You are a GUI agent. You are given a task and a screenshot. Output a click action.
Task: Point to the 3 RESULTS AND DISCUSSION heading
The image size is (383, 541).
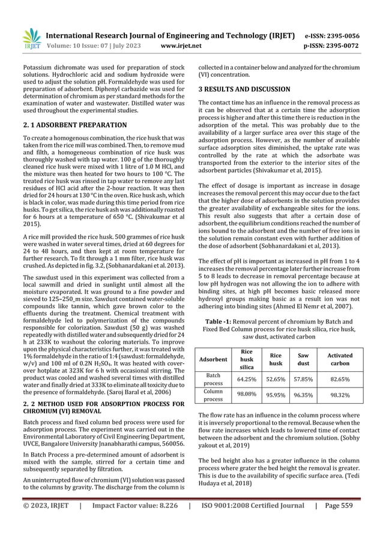click(244, 89)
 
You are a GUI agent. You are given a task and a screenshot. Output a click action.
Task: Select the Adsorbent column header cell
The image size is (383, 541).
click(213, 359)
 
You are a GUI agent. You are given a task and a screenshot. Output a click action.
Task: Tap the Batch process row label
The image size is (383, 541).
click(213, 378)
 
